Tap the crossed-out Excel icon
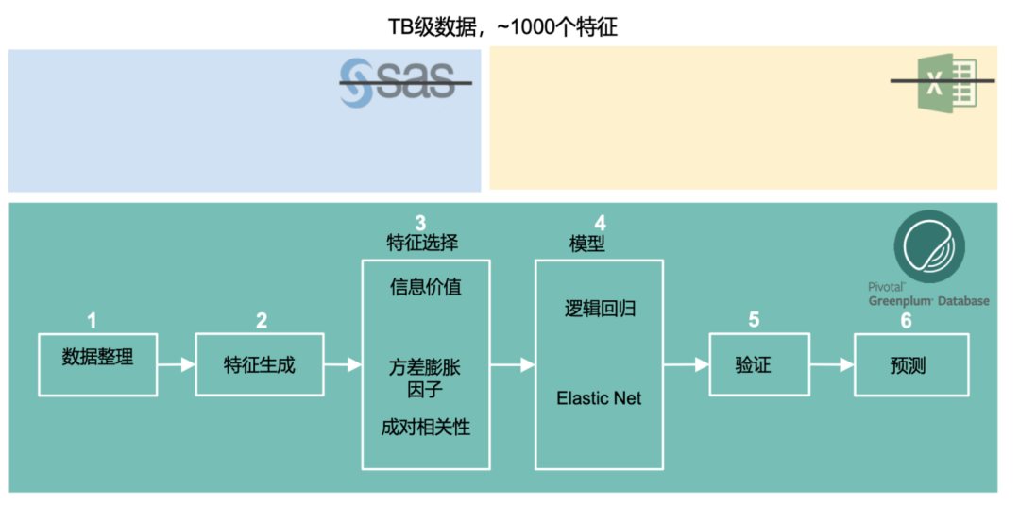tap(942, 83)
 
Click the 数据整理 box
tap(97, 363)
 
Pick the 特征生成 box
tap(259, 363)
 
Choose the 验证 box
tap(753, 364)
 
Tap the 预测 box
tap(910, 364)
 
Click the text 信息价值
tap(426, 287)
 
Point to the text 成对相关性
tap(425, 427)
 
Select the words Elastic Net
tap(599, 397)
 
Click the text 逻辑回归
tap(600, 309)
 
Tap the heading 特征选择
tap(422, 243)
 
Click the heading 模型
tap(586, 244)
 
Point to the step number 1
tap(92, 321)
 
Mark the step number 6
tap(906, 321)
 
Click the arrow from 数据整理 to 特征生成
tap(176, 363)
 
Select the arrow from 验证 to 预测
tap(830, 364)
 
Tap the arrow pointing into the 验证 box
tap(687, 364)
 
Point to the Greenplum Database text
tap(929, 300)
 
